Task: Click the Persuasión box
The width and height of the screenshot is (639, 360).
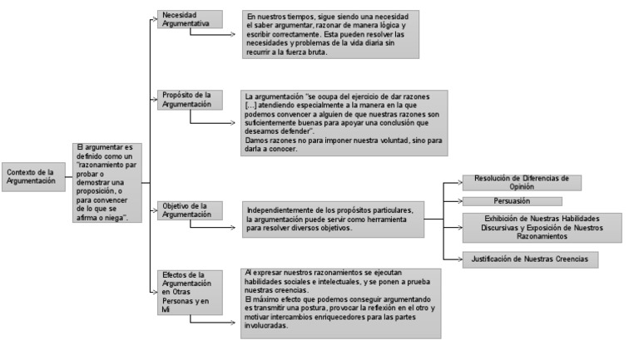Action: tap(512, 200)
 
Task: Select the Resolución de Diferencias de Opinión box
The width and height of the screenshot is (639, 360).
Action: tap(521, 182)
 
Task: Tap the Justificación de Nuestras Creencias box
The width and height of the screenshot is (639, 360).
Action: tap(530, 259)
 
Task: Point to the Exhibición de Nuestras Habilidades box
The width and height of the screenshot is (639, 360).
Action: tap(542, 227)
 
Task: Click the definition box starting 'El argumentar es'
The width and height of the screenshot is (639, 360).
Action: tap(107, 182)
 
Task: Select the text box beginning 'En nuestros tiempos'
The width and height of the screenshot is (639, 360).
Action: tap(331, 33)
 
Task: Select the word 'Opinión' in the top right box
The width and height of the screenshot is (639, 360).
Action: tap(521, 187)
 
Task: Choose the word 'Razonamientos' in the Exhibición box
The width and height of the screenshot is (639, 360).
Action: tap(542, 236)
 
